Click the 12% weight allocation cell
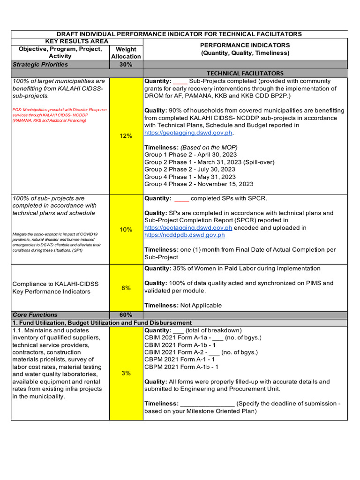pyautogui.click(x=126, y=136)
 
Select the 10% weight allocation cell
pyautogui.click(x=126, y=230)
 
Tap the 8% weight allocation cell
pyautogui.click(x=126, y=288)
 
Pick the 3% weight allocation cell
pyautogui.click(x=126, y=374)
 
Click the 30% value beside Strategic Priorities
pyautogui.click(x=126, y=65)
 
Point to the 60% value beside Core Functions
pyautogui.click(x=126, y=315)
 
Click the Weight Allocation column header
pyautogui.click(x=126, y=52)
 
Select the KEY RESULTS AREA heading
pyautogui.click(x=76, y=41)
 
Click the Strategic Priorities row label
pyautogui.click(x=40, y=65)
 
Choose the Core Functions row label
pyautogui.click(x=35, y=315)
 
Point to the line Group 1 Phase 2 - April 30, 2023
pyautogui.click(x=190, y=155)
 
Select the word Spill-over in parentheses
pyautogui.click(x=258, y=162)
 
